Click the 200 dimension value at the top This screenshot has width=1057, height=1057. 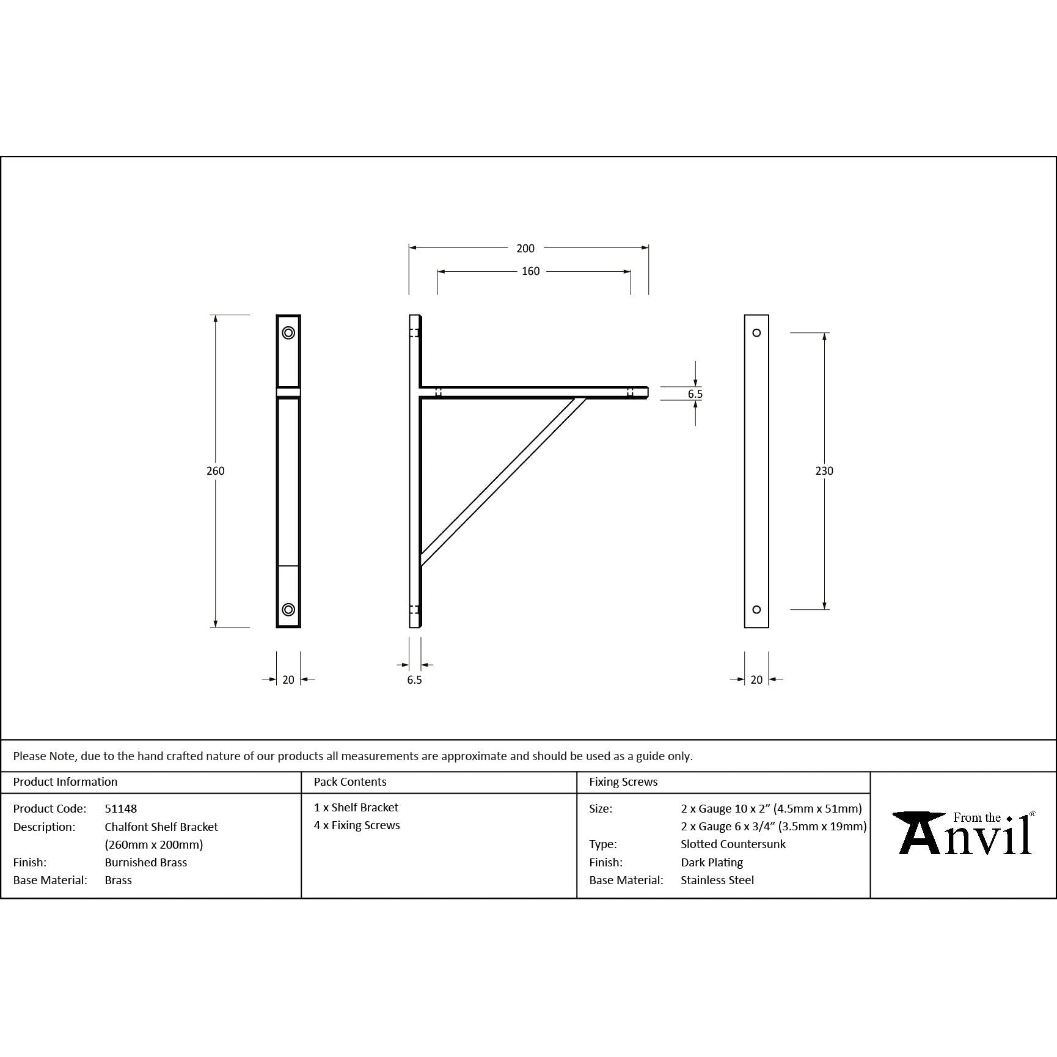coord(525,249)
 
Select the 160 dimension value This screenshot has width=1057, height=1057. coord(530,271)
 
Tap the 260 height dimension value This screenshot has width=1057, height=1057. coord(216,471)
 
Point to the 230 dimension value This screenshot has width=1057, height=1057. coord(824,471)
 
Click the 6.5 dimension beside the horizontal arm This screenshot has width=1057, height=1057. coord(695,394)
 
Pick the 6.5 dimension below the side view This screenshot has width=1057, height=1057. coord(414,680)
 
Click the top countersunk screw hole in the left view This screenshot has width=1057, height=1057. coord(288,333)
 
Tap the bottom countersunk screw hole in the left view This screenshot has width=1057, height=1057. coord(288,609)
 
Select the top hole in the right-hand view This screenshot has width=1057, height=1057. coord(756,333)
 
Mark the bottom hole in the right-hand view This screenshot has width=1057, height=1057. coord(756,609)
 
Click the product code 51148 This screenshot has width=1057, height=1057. coord(121,808)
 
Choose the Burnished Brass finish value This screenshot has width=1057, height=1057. coord(146,862)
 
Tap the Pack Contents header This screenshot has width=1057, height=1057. coord(350,781)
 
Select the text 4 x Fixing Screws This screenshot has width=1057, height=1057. coord(357,825)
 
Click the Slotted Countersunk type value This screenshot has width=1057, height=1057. coord(733,844)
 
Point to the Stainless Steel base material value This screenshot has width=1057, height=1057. coord(717,880)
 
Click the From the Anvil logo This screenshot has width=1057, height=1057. coord(964,833)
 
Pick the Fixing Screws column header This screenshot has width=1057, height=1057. coord(623,781)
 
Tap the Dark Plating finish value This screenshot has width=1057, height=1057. coord(712,862)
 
